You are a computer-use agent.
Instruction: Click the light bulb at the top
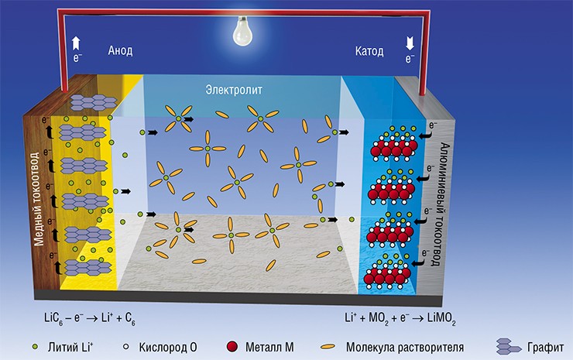point(242,31)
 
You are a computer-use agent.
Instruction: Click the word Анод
point(120,50)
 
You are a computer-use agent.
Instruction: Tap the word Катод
point(369,51)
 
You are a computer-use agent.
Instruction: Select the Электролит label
point(234,90)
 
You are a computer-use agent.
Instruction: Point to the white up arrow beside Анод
point(76,43)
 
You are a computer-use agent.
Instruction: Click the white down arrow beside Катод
point(410,43)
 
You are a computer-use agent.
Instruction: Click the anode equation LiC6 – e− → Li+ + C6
point(90,318)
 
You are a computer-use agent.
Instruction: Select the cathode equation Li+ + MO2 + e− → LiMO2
point(400,318)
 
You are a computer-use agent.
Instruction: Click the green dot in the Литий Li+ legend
point(35,347)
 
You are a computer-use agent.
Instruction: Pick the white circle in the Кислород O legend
point(126,347)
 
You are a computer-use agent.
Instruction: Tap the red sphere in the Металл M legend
point(232,347)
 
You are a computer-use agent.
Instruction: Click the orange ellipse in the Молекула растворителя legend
point(328,347)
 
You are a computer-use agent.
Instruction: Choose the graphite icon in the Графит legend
point(508,346)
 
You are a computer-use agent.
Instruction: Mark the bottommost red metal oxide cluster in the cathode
point(388,275)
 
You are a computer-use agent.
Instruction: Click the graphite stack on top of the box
point(93,103)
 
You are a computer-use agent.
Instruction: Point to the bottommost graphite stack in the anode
point(88,268)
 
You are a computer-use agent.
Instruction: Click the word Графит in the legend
point(545,347)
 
